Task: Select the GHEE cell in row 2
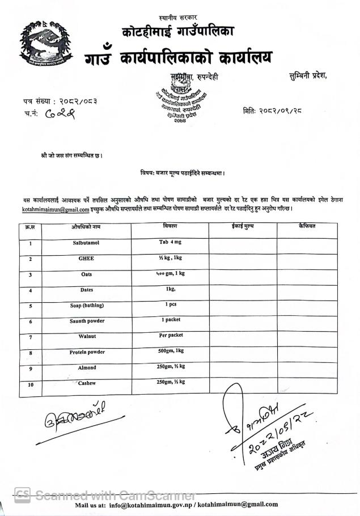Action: [86, 258]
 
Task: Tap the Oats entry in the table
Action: [86, 274]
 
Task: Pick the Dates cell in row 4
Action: [86, 290]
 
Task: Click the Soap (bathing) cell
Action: [86, 305]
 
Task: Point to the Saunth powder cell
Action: [86, 321]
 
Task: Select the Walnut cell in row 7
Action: [86, 336]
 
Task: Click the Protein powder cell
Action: [86, 352]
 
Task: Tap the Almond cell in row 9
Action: [86, 367]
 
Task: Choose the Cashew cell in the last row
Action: [86, 383]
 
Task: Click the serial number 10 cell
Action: [29, 386]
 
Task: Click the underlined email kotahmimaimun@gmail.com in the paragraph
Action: [56, 209]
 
